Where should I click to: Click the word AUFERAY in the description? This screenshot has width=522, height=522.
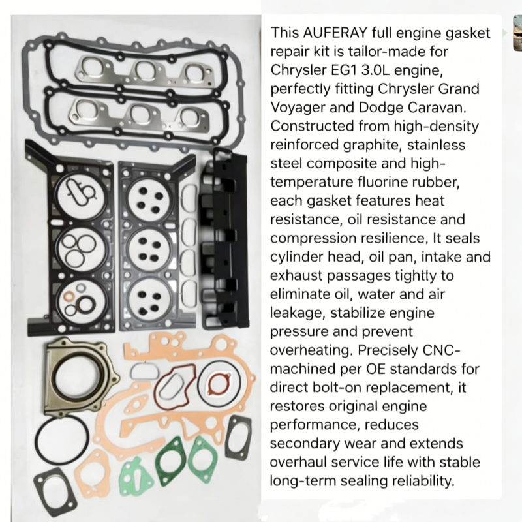click(x=335, y=33)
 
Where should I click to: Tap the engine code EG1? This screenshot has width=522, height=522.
click(x=344, y=70)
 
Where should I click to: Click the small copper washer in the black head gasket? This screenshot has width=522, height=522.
click(x=70, y=296)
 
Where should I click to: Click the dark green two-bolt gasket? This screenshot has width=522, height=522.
click(x=170, y=461)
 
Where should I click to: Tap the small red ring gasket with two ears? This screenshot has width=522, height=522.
click(x=219, y=384)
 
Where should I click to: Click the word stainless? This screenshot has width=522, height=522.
click(x=436, y=145)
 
